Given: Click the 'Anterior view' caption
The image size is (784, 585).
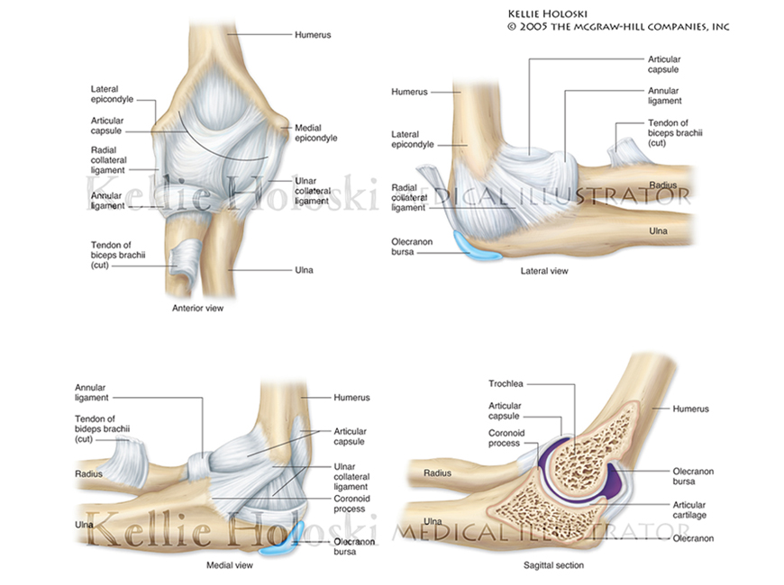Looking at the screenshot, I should tap(197, 308).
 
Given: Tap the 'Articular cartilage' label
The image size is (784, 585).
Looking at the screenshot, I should tap(689, 510).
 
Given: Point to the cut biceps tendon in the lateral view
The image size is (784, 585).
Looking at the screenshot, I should tap(624, 150).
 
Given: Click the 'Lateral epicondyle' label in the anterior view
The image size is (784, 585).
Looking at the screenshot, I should tap(112, 94).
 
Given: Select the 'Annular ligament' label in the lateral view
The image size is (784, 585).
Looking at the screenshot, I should tap(663, 95).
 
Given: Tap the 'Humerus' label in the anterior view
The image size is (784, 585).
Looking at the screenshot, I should tap(313, 34).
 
